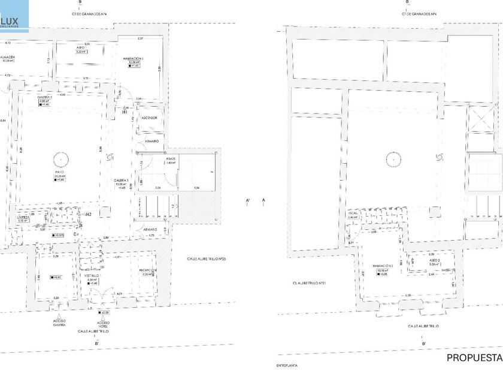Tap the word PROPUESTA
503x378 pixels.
474,358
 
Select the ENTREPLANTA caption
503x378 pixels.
287,365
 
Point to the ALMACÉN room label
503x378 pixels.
7,57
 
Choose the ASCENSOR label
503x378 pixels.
149,118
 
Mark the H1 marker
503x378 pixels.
125,112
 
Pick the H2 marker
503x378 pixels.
87,214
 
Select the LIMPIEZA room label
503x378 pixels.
23,217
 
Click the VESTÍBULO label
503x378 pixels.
92,275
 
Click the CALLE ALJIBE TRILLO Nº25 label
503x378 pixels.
205,259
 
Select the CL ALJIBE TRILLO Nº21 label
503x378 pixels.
309,283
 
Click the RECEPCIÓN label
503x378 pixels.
147,271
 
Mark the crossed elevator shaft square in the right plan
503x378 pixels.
478,119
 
